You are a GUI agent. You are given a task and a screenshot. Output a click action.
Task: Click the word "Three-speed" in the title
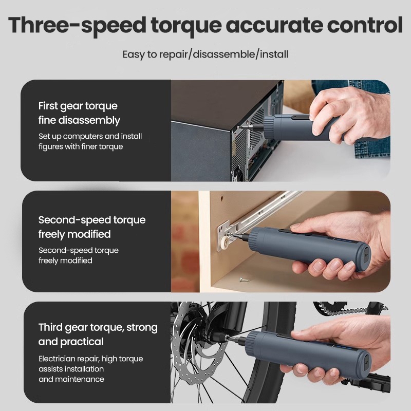[x=77, y=26]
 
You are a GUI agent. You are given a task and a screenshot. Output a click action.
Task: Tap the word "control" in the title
[x=365, y=25]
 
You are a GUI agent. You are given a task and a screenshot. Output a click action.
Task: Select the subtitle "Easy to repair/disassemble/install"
[x=206, y=54]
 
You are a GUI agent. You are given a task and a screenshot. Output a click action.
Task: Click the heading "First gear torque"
[x=78, y=106]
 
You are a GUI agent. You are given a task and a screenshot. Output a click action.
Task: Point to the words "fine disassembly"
[x=79, y=120]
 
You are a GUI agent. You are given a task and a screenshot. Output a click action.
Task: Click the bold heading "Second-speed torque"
[x=92, y=220]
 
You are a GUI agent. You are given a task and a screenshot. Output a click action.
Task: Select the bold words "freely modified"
[x=74, y=234]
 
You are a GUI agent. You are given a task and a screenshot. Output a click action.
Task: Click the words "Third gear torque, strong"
[x=98, y=328]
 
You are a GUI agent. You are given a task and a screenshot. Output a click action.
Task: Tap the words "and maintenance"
[x=71, y=379]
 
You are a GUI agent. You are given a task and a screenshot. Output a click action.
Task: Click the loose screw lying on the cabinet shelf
[x=244, y=280]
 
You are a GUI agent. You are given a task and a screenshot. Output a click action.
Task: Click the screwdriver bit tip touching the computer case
[x=239, y=127]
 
